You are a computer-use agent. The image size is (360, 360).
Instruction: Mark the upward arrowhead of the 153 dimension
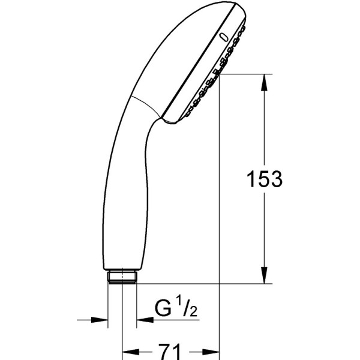pos(265,81)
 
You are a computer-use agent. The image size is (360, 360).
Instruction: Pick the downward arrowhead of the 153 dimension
pos(265,277)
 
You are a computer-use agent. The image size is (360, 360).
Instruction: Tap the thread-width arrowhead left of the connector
pos(101,320)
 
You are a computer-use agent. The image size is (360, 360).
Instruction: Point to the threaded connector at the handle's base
pos(122,277)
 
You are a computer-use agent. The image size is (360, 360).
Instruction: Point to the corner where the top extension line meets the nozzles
pos(219,74)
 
